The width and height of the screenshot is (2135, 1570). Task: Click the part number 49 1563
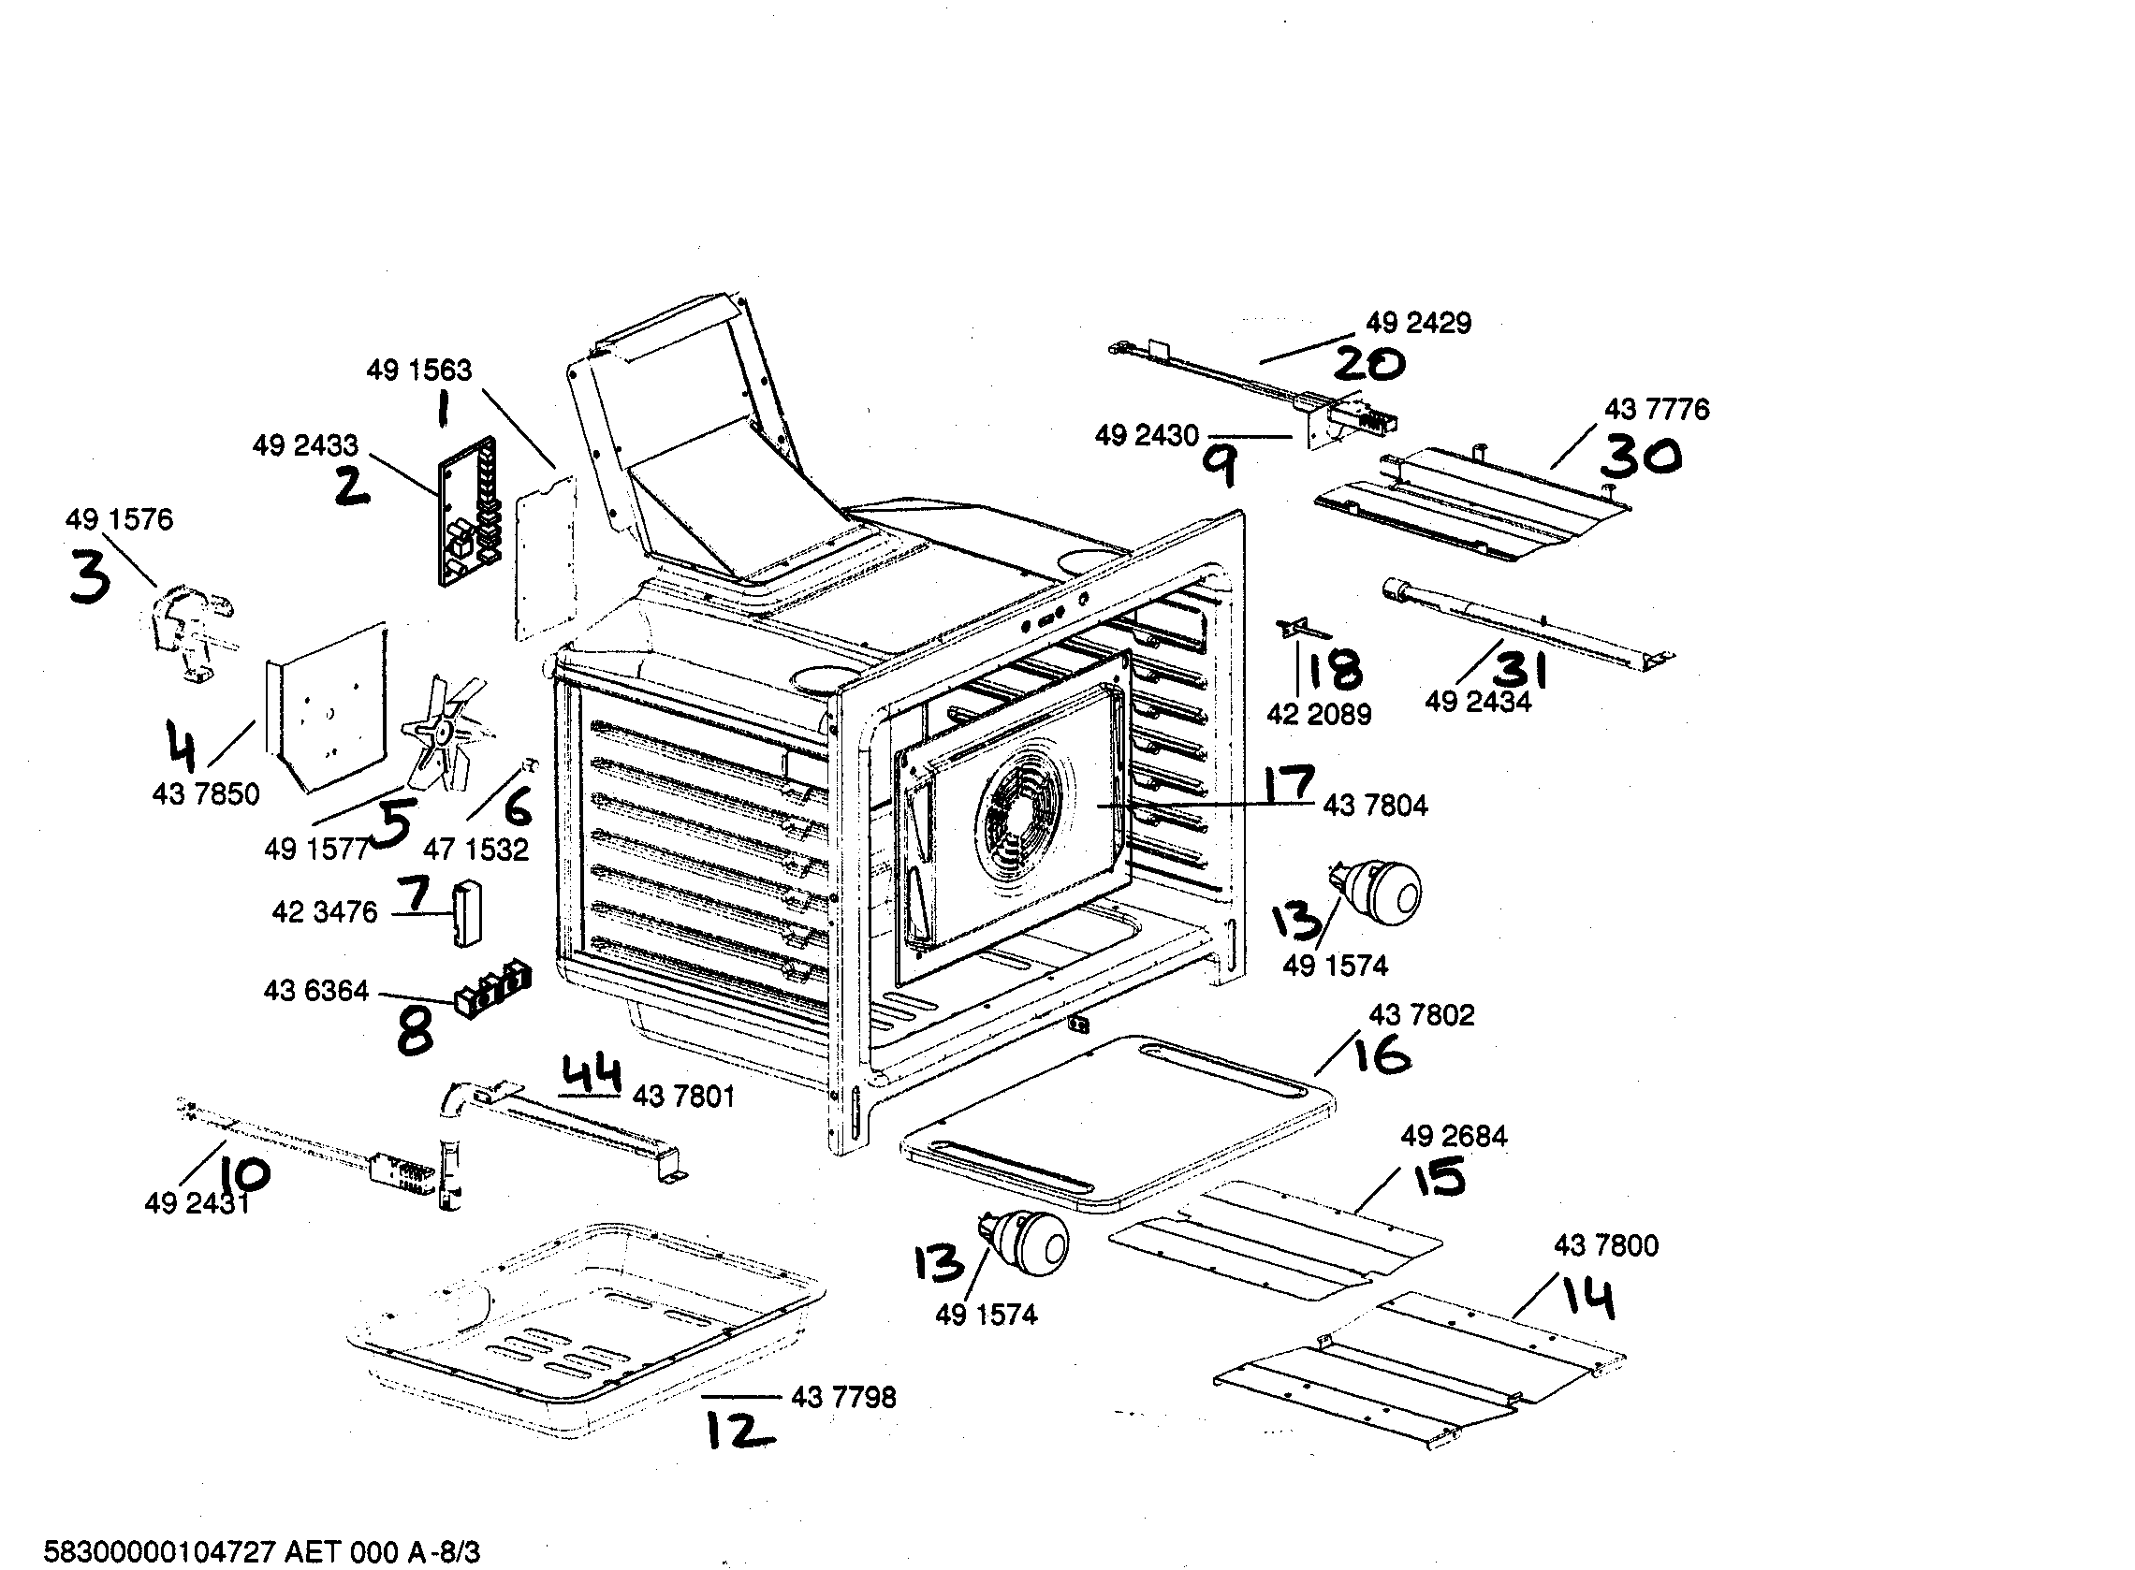point(418,370)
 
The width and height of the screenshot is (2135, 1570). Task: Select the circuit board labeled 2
point(468,513)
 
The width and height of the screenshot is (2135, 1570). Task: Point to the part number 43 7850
point(205,794)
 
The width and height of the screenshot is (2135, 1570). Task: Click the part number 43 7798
point(842,1398)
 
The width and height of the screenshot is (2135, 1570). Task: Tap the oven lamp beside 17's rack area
point(1380,891)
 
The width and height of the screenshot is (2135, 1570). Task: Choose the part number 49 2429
point(1418,323)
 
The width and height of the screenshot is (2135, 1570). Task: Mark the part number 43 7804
point(1375,806)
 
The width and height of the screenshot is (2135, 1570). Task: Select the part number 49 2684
point(1454,1136)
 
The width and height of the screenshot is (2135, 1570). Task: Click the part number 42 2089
point(1319,715)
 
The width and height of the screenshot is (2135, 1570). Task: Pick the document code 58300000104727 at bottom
point(160,1553)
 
